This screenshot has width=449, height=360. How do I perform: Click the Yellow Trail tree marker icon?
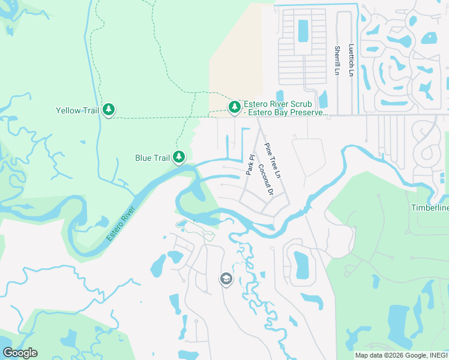tap(109, 110)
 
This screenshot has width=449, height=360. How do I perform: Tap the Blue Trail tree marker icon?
tap(178, 157)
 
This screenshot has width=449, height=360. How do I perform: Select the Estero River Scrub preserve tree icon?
tap(234, 107)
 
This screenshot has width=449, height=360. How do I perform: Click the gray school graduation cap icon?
tap(226, 280)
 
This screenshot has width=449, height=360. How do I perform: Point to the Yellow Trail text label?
tap(77, 110)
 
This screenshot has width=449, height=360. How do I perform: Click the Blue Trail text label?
tap(152, 158)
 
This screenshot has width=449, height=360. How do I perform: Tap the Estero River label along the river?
tap(121, 224)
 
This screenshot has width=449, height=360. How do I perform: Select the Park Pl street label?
tap(251, 166)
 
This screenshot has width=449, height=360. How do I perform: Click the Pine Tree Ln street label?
tap(273, 160)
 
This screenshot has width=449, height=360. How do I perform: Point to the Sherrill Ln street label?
tap(337, 61)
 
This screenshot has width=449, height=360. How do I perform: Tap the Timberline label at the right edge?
tap(429, 208)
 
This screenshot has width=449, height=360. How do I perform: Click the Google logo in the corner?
tap(20, 353)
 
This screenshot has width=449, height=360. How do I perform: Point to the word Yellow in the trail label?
tap(68, 110)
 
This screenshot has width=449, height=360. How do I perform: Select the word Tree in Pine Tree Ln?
tap(273, 160)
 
